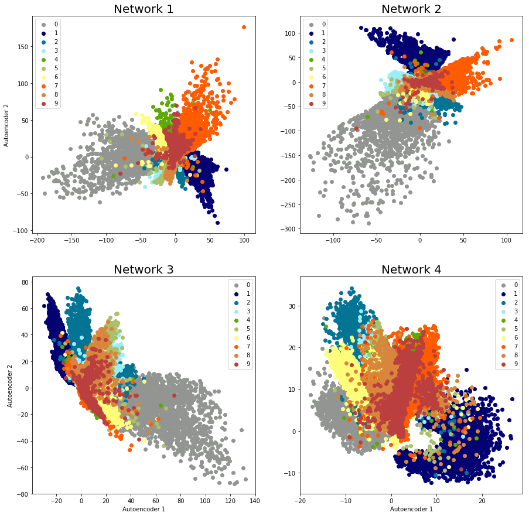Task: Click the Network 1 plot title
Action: click(x=144, y=9)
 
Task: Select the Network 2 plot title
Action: click(x=411, y=9)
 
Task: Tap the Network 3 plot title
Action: click(x=144, y=269)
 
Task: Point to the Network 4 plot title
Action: click(x=411, y=269)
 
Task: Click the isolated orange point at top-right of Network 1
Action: click(x=244, y=28)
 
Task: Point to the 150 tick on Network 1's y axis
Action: click(x=23, y=46)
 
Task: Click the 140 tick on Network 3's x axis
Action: click(x=255, y=501)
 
